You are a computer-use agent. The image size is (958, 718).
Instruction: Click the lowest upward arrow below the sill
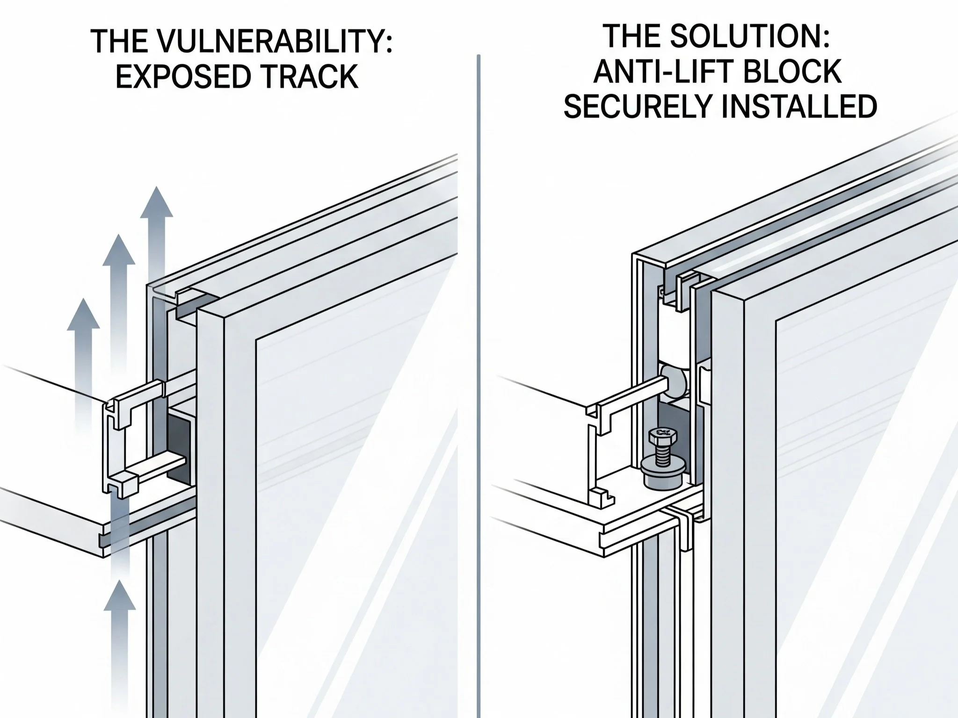tap(120, 608)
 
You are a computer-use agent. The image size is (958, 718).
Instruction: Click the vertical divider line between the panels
tap(479, 374)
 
